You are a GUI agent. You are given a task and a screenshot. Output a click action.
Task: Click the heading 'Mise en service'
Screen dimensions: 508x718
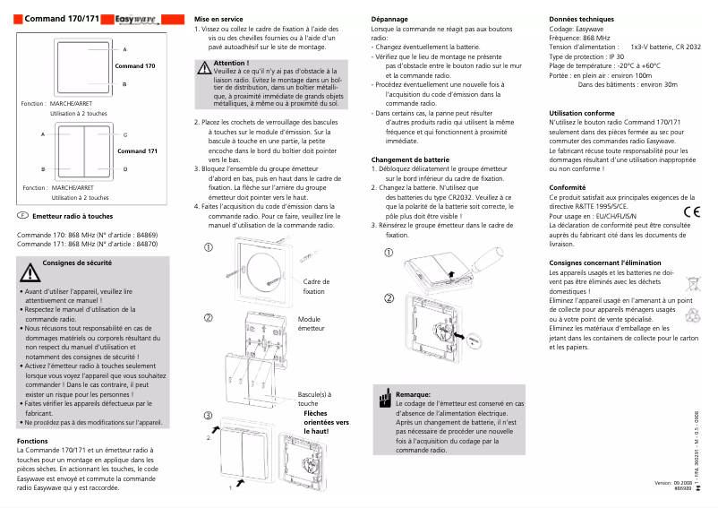click(220, 19)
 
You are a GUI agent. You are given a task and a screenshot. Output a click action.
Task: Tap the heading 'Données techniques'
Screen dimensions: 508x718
click(581, 19)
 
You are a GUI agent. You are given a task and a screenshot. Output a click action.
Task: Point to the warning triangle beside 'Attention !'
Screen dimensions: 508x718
click(204, 67)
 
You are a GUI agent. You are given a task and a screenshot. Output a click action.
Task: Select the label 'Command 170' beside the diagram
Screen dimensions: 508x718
click(135, 66)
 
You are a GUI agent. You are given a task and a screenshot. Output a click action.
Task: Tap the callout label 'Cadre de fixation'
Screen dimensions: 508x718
click(314, 287)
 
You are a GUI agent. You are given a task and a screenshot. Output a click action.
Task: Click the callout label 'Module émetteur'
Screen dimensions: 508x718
click(311, 324)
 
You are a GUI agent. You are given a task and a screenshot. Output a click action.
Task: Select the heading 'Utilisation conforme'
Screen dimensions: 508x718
click(581, 113)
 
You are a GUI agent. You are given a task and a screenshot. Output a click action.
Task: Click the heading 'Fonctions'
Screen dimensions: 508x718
click(32, 441)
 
